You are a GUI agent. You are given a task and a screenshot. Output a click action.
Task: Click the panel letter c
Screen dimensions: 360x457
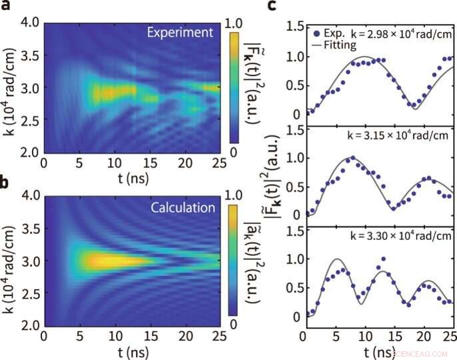click(272, 7)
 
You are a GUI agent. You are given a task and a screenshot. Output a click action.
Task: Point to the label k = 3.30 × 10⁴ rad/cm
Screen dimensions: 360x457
click(402, 235)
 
